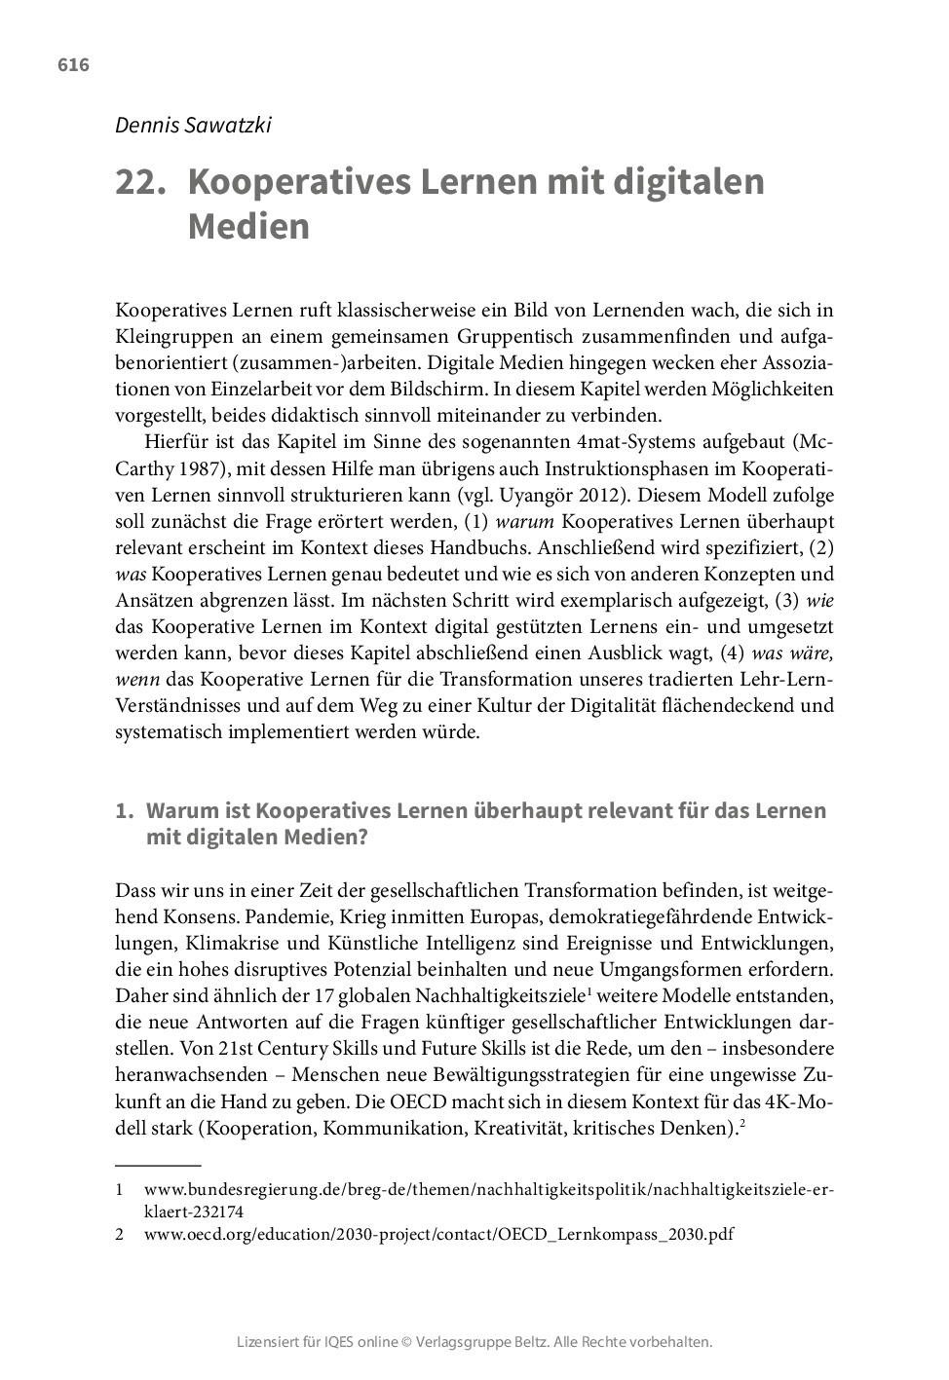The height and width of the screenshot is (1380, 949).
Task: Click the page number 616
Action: click(x=73, y=65)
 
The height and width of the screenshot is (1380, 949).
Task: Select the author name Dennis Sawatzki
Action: click(x=193, y=125)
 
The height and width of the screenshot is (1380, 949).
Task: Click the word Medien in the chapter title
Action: click(x=248, y=227)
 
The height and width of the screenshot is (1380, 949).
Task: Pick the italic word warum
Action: click(x=526, y=520)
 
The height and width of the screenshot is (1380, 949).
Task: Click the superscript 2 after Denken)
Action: click(x=742, y=1124)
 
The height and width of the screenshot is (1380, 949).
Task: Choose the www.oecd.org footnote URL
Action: click(x=438, y=1235)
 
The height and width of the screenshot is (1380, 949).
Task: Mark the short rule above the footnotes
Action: click(x=158, y=1165)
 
